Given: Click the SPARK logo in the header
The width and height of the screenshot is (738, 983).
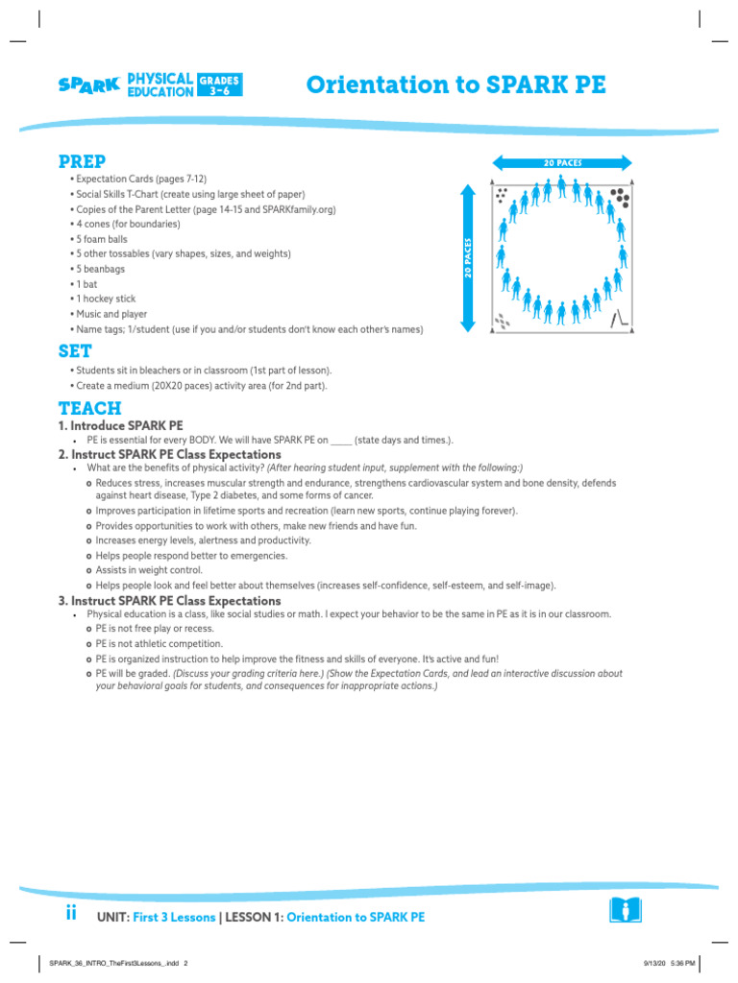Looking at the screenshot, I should point(88,84).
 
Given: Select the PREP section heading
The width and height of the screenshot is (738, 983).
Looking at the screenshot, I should point(82,160).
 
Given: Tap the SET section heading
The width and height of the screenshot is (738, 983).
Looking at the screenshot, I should point(75,351).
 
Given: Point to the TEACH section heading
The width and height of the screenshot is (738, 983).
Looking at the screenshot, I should point(89,408).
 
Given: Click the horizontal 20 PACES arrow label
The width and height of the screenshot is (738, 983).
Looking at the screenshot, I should point(562,163).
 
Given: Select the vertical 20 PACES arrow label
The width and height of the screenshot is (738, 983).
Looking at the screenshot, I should point(468,258).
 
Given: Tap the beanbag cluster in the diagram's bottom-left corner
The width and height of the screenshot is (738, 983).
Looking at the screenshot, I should point(502,321).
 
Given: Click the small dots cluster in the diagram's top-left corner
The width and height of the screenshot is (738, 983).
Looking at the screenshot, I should point(502,196).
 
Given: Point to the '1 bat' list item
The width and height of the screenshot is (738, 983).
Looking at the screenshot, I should point(87,284).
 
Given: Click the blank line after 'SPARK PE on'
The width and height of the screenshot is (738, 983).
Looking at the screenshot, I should point(340,441).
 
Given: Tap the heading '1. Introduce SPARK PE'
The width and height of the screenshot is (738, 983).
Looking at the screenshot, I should point(121,425).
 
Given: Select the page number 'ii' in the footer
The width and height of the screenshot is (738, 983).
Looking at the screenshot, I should point(71,915).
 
